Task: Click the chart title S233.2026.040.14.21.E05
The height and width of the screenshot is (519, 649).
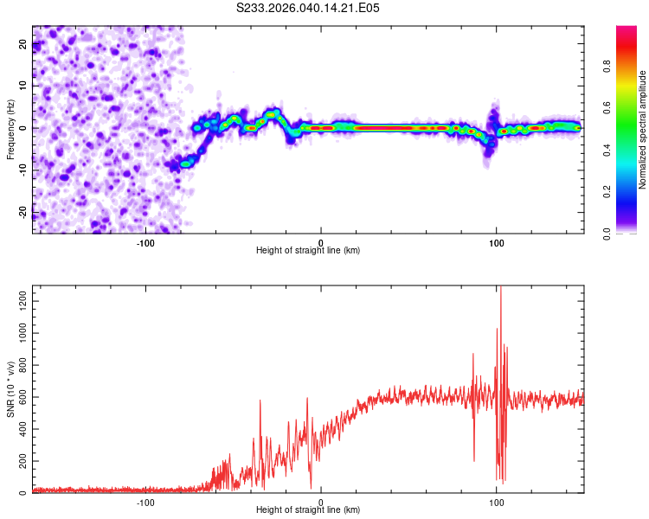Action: tap(308, 8)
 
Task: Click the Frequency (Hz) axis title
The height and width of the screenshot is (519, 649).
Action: tap(10, 130)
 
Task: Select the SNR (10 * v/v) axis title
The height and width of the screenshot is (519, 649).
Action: tap(10, 390)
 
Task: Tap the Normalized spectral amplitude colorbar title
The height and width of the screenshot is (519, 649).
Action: tap(643, 130)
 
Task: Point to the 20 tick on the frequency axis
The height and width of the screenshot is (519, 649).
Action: tap(23, 46)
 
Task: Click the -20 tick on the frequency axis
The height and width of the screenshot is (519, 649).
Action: tap(23, 212)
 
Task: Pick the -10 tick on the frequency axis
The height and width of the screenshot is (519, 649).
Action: tap(23, 170)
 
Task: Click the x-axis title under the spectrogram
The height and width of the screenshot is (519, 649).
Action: tap(308, 251)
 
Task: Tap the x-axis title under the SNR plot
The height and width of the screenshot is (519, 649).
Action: tap(308, 511)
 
